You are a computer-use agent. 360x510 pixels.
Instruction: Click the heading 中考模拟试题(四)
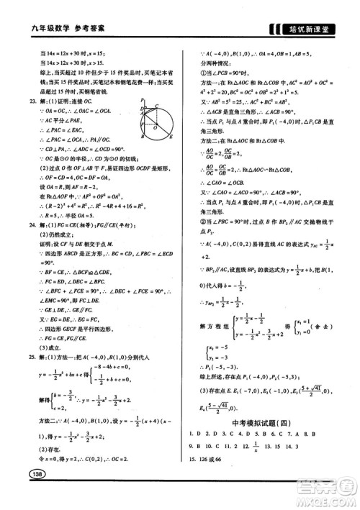point(267,425)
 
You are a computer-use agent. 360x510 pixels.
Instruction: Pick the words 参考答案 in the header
point(80,28)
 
